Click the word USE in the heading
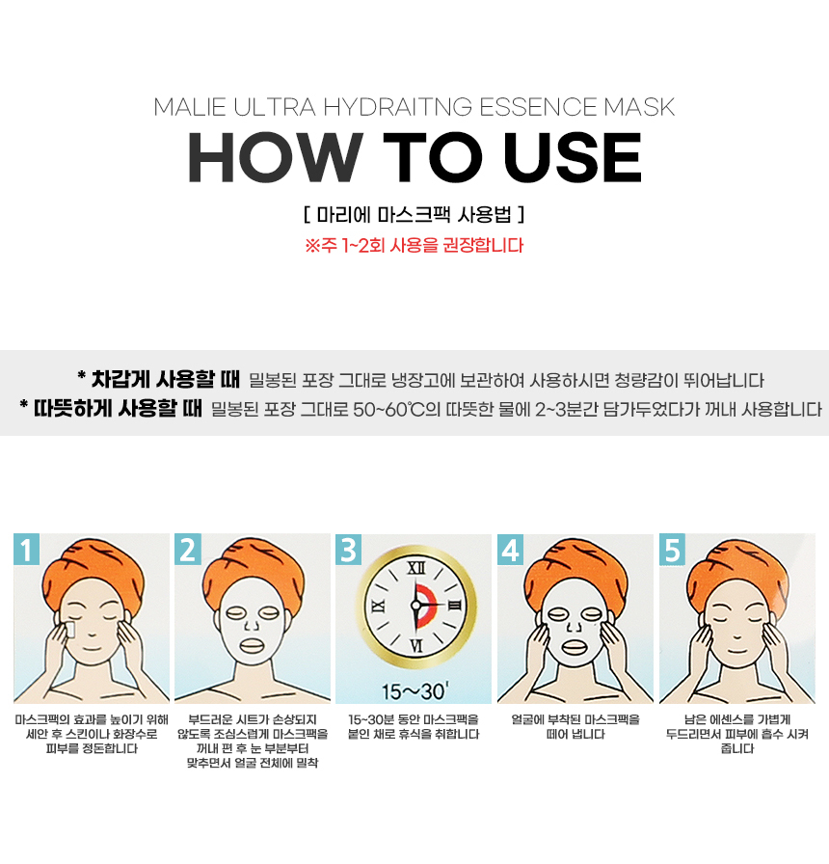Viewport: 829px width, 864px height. pyautogui.click(x=573, y=157)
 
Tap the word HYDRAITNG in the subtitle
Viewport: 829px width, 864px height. pyautogui.click(x=398, y=107)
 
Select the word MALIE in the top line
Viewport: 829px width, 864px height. pyautogui.click(x=190, y=107)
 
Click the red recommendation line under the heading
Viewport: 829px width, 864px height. pyautogui.click(x=414, y=245)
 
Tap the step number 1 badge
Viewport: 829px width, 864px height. pyautogui.click(x=26, y=550)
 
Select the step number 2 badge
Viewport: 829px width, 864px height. pyautogui.click(x=188, y=550)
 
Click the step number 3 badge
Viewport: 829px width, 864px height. pyautogui.click(x=349, y=550)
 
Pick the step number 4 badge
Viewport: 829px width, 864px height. pyautogui.click(x=511, y=550)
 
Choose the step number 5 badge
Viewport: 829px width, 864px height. pyautogui.click(x=672, y=550)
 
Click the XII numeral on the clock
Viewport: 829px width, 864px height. pyautogui.click(x=415, y=568)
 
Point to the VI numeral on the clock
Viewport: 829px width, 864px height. pyautogui.click(x=416, y=645)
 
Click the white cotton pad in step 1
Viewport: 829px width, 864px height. pyautogui.click(x=70, y=631)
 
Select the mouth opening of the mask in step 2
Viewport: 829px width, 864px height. pyautogui.click(x=253, y=643)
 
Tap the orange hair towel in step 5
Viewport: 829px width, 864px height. pyautogui.click(x=736, y=569)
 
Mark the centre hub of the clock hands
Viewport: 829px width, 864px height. pyautogui.click(x=415, y=605)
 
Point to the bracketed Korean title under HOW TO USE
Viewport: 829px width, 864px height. pyautogui.click(x=414, y=214)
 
